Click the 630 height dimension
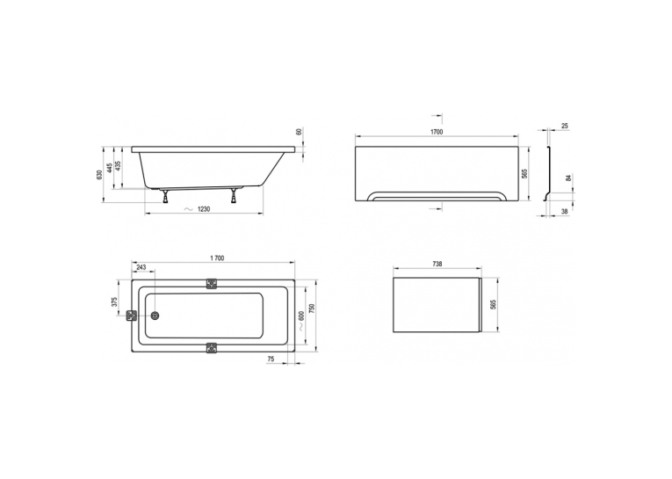(x=99, y=175)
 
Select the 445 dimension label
(x=110, y=167)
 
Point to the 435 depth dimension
(x=119, y=165)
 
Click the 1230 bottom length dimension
(x=204, y=209)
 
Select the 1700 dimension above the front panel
(x=437, y=132)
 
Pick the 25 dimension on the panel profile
(x=565, y=126)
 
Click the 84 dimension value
(x=568, y=178)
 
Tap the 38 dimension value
(x=565, y=211)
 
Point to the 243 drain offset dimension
(x=141, y=267)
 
